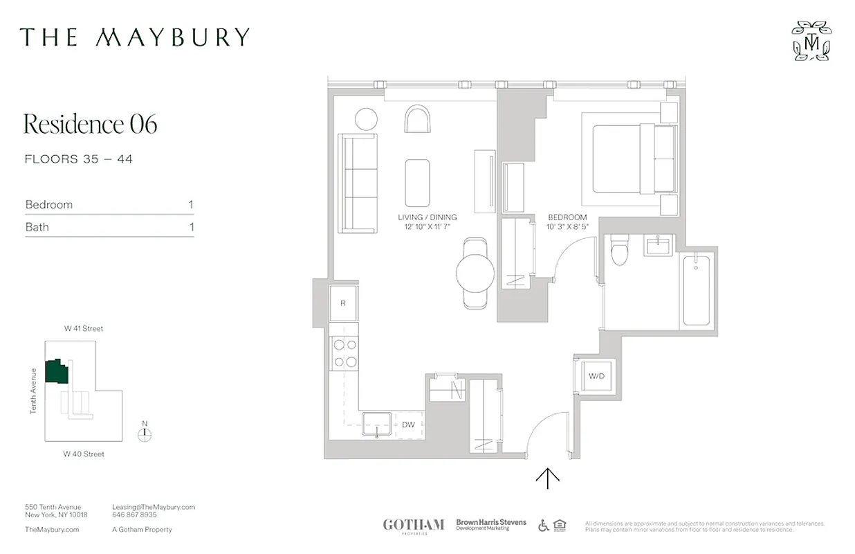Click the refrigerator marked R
click(344, 303)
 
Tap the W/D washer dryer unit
click(596, 377)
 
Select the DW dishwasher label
click(408, 425)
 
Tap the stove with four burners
click(344, 352)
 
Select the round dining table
click(475, 272)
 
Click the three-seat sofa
click(357, 184)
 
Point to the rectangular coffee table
click(418, 183)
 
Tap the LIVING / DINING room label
click(427, 217)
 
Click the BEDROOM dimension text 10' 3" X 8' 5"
click(567, 226)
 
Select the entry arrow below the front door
click(548, 477)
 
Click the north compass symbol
click(144, 435)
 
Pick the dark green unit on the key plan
click(56, 371)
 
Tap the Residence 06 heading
click(91, 124)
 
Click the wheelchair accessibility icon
click(544, 526)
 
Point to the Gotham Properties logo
click(413, 526)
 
